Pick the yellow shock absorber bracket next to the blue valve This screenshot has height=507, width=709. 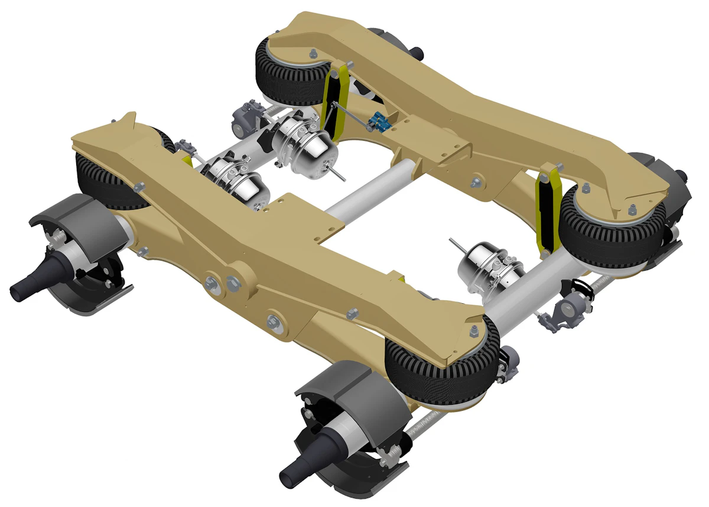tap(334, 100)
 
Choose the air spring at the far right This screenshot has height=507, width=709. tap(609, 227)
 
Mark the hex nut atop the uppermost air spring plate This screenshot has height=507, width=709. tap(313, 55)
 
